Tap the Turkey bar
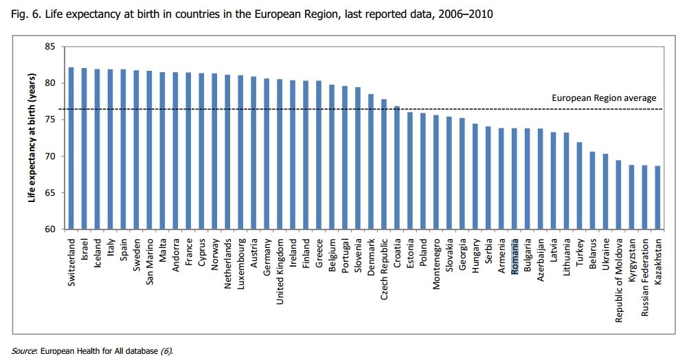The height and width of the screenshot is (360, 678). click(580, 185)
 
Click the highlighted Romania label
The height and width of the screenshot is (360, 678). click(515, 256)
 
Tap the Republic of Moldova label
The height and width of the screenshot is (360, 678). click(619, 280)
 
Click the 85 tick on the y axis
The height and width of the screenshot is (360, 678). click(49, 47)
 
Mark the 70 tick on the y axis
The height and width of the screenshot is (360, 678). click(49, 156)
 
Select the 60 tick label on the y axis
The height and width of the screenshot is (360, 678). click(49, 229)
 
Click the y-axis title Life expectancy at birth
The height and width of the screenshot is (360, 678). click(31, 137)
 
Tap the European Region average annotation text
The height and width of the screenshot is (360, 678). click(604, 98)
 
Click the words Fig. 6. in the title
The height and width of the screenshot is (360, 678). click(25, 14)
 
